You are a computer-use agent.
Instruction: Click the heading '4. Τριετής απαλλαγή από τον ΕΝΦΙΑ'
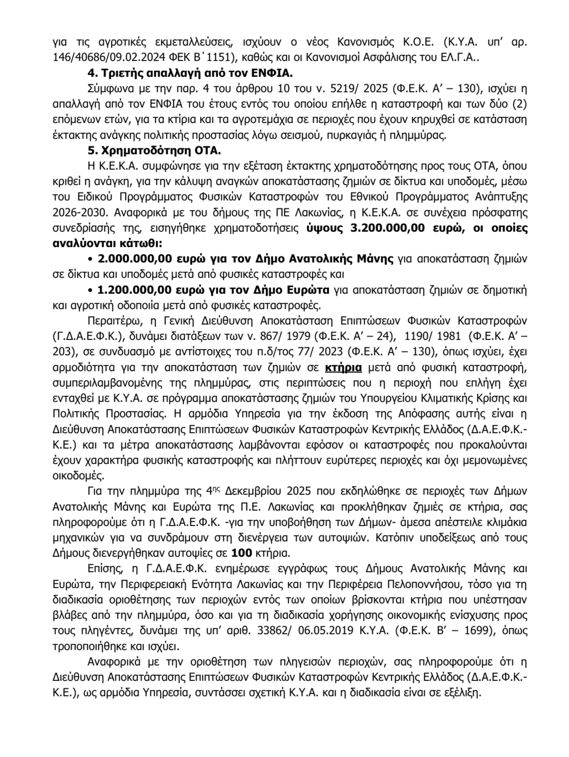click(x=190, y=74)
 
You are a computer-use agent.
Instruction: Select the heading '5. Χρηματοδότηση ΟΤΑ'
click(x=154, y=151)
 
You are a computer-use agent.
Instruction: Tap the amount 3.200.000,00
click(x=382, y=228)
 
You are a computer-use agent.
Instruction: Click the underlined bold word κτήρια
click(x=343, y=367)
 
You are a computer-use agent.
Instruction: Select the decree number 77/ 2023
click(x=322, y=352)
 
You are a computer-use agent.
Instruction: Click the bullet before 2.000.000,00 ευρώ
click(x=91, y=259)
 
